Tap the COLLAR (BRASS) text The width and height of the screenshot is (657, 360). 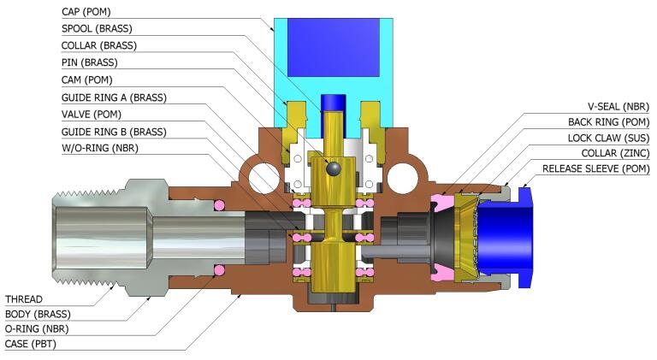(100, 46)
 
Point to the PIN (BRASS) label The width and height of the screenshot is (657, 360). (90, 63)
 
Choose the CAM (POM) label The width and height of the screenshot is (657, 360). (89, 80)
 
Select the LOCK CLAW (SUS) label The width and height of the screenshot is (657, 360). (608, 138)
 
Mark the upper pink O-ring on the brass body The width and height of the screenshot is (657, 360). (219, 205)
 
